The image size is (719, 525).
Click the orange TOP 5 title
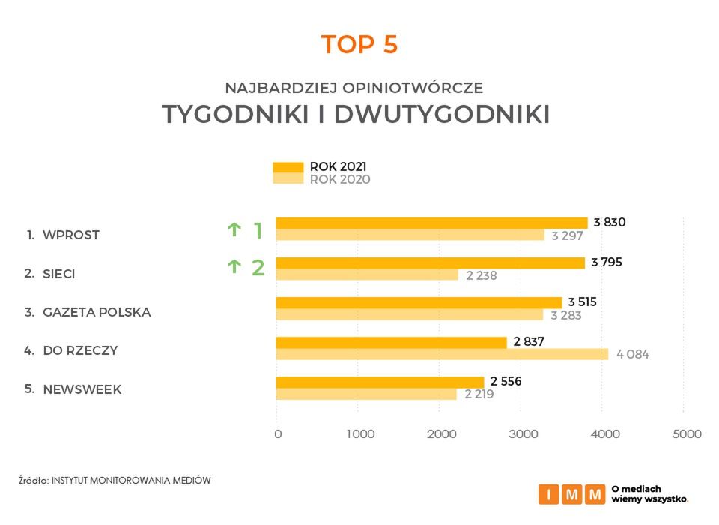coord(359,44)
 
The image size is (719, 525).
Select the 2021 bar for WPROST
coord(431,223)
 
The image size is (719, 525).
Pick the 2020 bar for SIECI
coord(367,274)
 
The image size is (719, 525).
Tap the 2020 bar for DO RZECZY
coord(442,353)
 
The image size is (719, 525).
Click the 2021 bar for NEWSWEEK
coord(380,382)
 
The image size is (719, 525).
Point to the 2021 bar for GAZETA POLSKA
coord(419,302)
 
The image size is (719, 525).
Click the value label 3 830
coord(609,222)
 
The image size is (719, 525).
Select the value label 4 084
coord(633,354)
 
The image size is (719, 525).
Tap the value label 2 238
coord(481,275)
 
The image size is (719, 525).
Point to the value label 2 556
coord(506,381)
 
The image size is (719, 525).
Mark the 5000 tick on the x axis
coord(687,433)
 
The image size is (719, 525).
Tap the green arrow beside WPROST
coord(234,230)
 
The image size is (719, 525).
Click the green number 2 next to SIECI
coord(258,267)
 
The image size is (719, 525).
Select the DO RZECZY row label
coord(80,350)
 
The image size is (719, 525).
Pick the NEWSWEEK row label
coord(82,389)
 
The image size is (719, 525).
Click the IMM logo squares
coord(571,494)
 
